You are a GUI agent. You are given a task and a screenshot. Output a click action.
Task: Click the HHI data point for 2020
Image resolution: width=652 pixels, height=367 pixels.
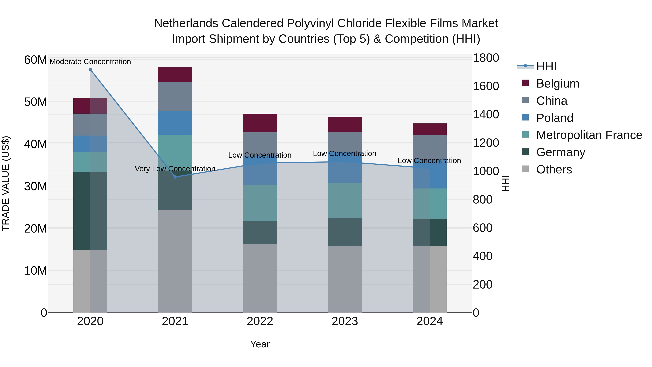pyautogui.click(x=90, y=69)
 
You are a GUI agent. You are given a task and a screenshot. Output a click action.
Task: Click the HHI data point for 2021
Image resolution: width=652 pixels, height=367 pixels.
pyautogui.click(x=175, y=177)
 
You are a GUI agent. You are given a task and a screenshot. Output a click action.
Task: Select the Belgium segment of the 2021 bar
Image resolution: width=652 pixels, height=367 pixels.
pyautogui.click(x=175, y=74)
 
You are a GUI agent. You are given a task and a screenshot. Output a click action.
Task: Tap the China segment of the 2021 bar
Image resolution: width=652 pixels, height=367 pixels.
pyautogui.click(x=175, y=96)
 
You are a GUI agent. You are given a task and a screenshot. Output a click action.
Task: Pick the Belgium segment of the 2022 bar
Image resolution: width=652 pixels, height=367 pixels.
pyautogui.click(x=260, y=123)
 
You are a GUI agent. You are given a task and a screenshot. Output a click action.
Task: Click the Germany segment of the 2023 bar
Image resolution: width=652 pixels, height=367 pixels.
pyautogui.click(x=345, y=232)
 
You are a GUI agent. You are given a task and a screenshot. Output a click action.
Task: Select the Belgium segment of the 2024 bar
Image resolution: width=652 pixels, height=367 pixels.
pyautogui.click(x=430, y=129)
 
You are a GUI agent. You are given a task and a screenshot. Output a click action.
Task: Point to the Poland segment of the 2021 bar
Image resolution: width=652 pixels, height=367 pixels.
pyautogui.click(x=175, y=123)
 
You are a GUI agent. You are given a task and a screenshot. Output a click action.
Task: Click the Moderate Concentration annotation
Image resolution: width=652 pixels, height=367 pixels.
pyautogui.click(x=90, y=62)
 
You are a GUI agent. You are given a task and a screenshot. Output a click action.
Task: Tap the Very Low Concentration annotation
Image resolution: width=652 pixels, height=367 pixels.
pyautogui.click(x=175, y=169)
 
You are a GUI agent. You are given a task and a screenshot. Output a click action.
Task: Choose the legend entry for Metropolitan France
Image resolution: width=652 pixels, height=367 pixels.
pyautogui.click(x=589, y=135)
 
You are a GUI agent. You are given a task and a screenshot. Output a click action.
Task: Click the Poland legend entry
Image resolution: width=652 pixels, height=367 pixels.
pyautogui.click(x=554, y=118)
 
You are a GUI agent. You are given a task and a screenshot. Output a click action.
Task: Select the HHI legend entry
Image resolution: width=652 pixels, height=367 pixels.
pyautogui.click(x=546, y=66)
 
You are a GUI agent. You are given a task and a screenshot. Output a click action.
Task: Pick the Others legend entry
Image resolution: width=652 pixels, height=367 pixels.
pyautogui.click(x=554, y=169)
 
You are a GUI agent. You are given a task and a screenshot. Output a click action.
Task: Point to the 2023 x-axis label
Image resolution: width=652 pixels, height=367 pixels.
pyautogui.click(x=345, y=321)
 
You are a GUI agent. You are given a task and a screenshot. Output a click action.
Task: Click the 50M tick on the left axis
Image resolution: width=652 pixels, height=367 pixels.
pyautogui.click(x=35, y=102)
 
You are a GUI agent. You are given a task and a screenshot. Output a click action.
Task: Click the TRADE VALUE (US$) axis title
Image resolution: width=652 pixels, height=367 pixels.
pyautogui.click(x=6, y=183)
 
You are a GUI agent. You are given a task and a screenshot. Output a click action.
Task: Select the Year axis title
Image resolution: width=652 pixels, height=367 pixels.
pyautogui.click(x=260, y=344)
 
